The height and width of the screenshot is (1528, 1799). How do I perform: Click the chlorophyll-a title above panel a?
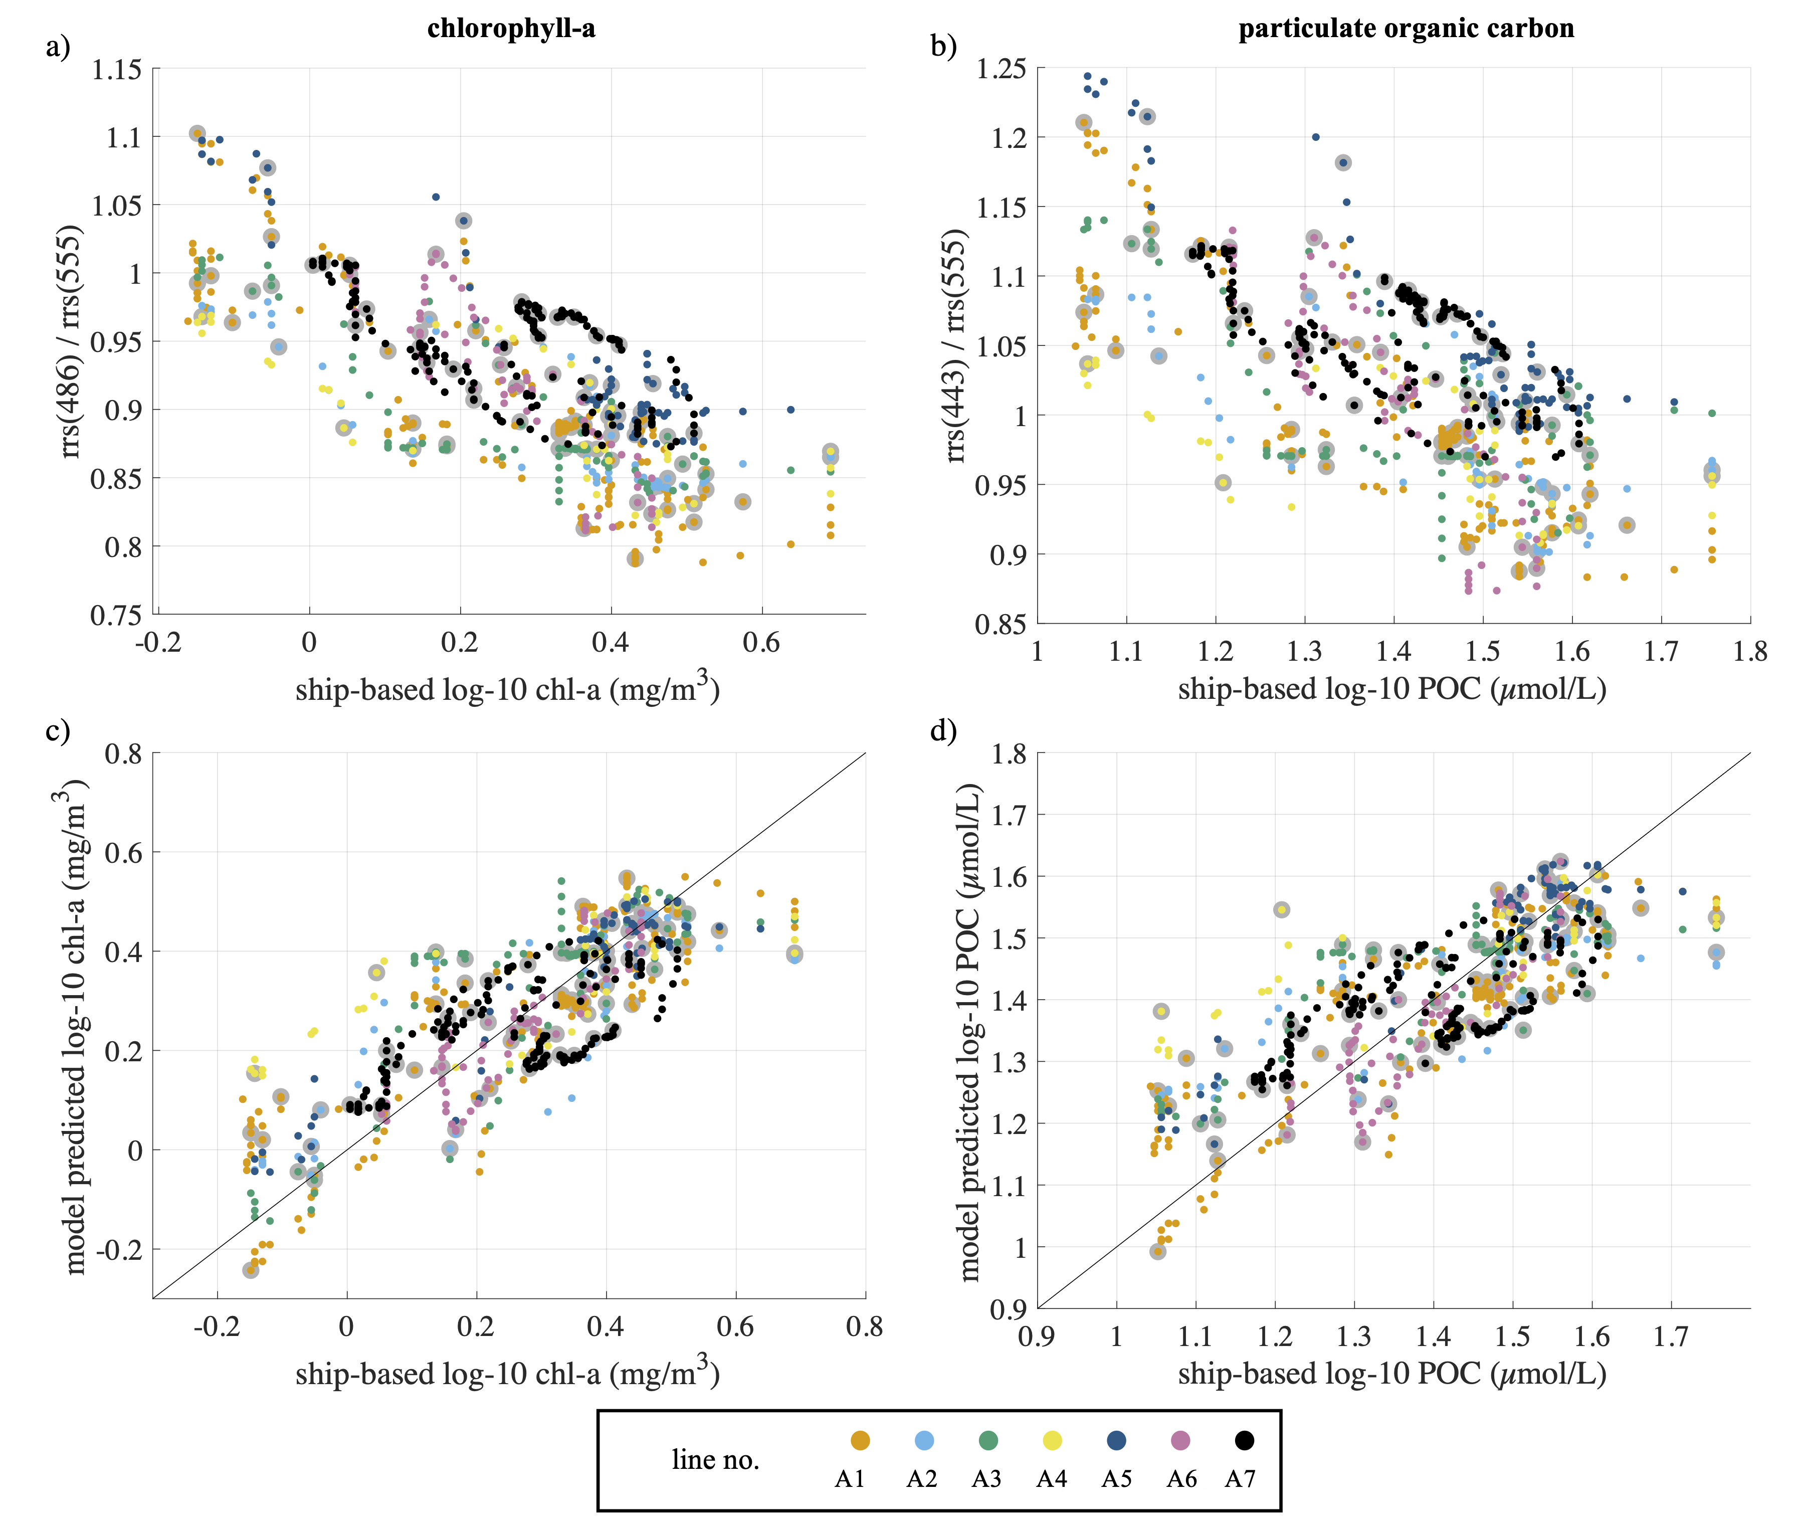(511, 29)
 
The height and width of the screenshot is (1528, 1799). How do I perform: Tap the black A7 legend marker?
(1244, 1440)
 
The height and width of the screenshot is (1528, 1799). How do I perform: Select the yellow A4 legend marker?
(1052, 1440)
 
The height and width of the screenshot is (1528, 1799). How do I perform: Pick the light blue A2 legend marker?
(923, 1440)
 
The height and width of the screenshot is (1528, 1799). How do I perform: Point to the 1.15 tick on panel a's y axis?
(116, 69)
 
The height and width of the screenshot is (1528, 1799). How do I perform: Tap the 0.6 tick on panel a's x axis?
(761, 643)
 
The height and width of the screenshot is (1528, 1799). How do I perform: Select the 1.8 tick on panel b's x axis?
(1750, 651)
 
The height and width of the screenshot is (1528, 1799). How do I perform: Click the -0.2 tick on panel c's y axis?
(119, 1249)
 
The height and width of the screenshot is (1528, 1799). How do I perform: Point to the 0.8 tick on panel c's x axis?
(865, 1327)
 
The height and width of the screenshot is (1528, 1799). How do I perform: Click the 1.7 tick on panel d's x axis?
(1671, 1336)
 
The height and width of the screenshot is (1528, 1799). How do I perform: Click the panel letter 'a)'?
(58, 46)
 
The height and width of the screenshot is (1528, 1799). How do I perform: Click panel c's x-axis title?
(508, 1373)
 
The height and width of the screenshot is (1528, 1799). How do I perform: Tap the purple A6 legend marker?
(1179, 1440)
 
